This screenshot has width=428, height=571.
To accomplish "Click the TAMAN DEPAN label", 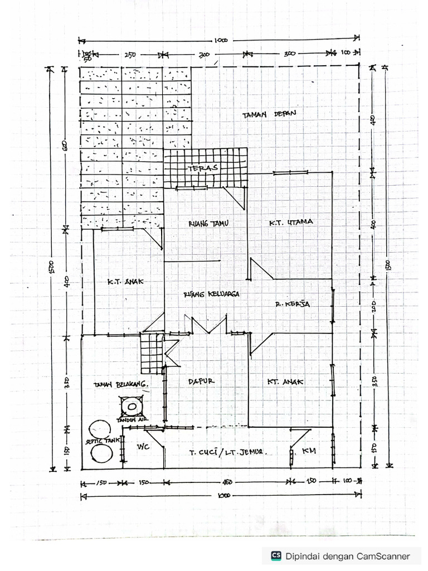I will tap(269, 114).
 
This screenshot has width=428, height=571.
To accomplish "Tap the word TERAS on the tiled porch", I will tap(202, 168).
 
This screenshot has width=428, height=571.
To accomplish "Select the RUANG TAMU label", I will tap(209, 223).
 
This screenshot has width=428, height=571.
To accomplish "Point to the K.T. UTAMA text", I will tap(291, 222).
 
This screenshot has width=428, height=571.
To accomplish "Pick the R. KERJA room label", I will tap(292, 304).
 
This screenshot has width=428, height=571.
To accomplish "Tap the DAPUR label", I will tap(201, 381).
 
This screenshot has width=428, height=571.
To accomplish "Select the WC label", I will tap(144, 448).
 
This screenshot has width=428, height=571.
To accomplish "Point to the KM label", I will tap(308, 450).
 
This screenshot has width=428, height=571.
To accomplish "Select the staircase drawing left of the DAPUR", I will tap(151, 354).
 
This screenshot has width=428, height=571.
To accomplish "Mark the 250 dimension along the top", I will tap(130, 55).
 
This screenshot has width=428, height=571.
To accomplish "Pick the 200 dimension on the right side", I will tap(374, 306).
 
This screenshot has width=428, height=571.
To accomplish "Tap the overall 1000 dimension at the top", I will tap(221, 41).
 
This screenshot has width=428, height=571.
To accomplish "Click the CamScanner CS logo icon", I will tap(276, 555).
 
